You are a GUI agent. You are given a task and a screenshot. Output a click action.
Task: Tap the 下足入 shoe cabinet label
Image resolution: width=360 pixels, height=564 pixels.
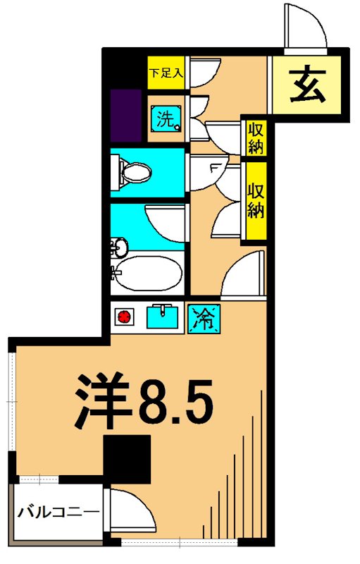(x=166, y=73)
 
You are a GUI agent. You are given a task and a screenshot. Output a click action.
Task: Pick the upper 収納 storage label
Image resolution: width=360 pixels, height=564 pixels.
(x=254, y=137)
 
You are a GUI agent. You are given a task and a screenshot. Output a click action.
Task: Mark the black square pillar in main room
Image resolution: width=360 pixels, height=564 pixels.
(x=128, y=459)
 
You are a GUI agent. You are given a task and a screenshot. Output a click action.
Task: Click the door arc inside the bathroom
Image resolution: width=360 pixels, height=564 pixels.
(x=165, y=223)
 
